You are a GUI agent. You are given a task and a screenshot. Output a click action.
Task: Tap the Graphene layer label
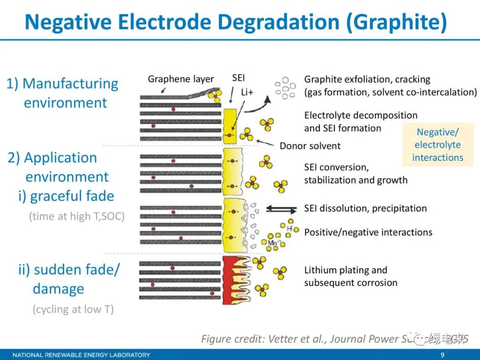click(x=180, y=79)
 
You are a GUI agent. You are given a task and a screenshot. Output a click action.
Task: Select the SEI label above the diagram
click(x=239, y=78)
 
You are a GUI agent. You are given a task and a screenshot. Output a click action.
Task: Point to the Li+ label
click(x=247, y=92)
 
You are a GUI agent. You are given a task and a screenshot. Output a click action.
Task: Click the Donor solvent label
click(x=310, y=146)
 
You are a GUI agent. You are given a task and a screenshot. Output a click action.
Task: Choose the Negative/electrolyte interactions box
click(x=437, y=145)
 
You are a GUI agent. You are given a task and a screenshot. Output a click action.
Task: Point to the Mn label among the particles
click(x=272, y=243)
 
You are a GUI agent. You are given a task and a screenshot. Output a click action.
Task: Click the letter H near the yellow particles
click(x=289, y=228)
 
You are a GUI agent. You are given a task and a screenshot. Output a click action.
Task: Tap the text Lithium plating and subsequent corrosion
click(x=350, y=276)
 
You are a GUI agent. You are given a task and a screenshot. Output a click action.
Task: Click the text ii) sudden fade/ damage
click(x=69, y=279)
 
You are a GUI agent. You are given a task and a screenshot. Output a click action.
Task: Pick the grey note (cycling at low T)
click(x=73, y=309)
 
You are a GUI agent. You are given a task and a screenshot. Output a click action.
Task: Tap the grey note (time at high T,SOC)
click(x=76, y=216)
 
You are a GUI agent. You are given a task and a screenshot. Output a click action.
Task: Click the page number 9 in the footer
click(x=442, y=355)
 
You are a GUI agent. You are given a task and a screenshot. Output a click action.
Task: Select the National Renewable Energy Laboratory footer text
click(x=81, y=355)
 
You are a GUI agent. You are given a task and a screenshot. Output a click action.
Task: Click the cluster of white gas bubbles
click(x=285, y=88)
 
